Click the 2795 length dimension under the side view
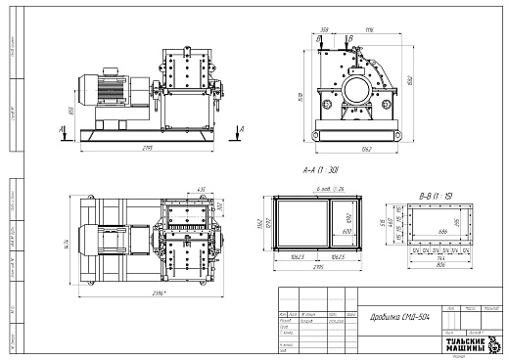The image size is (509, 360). click(147, 147)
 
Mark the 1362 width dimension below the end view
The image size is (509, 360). click(365, 148)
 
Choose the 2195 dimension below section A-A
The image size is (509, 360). click(318, 266)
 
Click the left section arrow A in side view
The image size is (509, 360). click(64, 127)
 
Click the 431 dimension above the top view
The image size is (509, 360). click(201, 188)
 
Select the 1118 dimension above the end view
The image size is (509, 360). click(369, 31)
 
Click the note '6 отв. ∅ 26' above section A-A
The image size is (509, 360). click(320, 188)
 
